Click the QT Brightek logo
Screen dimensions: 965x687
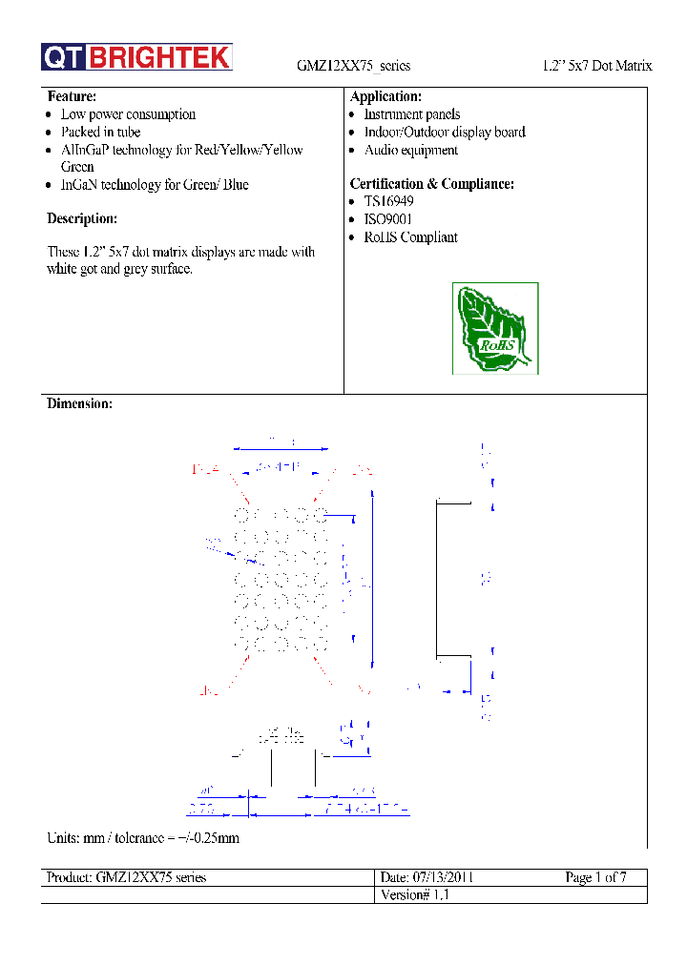click(x=136, y=57)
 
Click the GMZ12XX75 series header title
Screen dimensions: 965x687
click(x=353, y=66)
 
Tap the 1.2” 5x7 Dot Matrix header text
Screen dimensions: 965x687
click(x=596, y=66)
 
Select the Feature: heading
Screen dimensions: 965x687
click(x=72, y=96)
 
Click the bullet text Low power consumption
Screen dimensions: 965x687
click(x=128, y=114)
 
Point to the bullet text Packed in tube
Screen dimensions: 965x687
click(x=100, y=133)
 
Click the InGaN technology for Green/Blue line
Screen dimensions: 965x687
click(x=155, y=185)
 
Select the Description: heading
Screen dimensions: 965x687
click(x=82, y=219)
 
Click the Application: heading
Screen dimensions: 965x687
click(x=385, y=96)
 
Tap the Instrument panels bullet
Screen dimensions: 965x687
click(x=411, y=114)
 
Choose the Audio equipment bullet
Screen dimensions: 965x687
click(x=410, y=151)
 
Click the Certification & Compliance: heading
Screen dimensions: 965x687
click(x=432, y=184)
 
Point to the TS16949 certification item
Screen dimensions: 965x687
click(x=388, y=202)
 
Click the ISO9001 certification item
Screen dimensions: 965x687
click(x=388, y=219)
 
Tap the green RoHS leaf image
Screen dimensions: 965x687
click(x=495, y=328)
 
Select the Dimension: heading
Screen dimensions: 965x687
click(x=80, y=404)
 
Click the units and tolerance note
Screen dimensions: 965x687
click(x=143, y=838)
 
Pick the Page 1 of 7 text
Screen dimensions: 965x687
click(x=595, y=877)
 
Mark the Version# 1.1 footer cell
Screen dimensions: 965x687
click(x=413, y=895)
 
